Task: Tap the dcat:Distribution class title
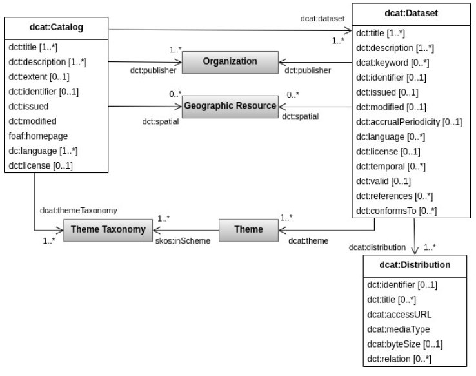point(407,265)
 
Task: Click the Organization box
point(230,61)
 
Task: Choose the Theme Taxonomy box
point(104,229)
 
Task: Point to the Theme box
point(248,229)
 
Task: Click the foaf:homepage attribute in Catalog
point(34,136)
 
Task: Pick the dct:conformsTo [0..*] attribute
point(396,210)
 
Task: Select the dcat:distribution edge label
point(377,246)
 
